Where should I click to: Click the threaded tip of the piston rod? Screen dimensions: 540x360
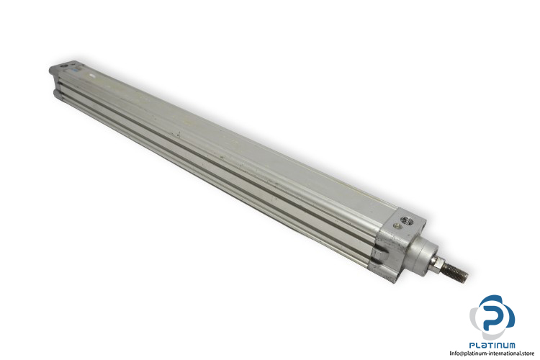coord(454,271)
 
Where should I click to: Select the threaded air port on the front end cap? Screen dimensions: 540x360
coord(409,220)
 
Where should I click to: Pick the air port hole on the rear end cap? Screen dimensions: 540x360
coord(63,66)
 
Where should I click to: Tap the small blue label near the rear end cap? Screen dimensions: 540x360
coord(73,70)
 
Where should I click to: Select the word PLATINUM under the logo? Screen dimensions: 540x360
coord(492,345)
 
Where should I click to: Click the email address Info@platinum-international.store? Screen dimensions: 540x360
coord(492,353)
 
